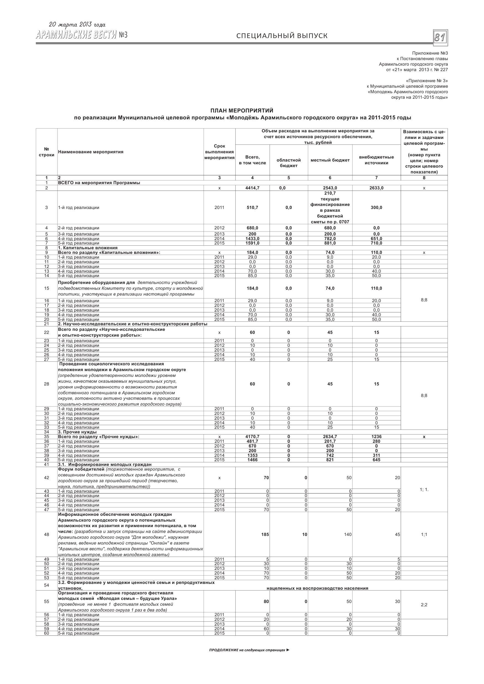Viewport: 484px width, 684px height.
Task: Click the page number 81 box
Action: [440, 37]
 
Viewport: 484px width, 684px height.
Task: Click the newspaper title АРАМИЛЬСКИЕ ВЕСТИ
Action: [76, 35]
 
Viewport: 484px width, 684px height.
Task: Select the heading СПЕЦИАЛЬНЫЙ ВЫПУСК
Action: [282, 36]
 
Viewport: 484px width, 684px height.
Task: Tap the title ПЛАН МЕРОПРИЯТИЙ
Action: [242, 111]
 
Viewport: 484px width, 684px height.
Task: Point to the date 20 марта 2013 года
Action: [77, 25]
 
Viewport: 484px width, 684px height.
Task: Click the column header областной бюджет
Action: [288, 163]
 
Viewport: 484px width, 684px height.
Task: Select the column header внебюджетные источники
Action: [376, 160]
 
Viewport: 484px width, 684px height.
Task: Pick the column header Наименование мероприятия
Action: [91, 152]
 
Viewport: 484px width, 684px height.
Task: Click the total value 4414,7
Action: [252, 188]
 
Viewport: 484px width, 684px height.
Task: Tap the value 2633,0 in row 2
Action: [376, 188]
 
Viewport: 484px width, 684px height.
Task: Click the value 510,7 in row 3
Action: [252, 207]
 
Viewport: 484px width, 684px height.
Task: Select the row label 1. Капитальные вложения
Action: [88, 248]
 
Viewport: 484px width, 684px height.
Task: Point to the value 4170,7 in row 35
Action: [252, 437]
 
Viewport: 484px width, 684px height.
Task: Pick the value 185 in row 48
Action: [265, 535]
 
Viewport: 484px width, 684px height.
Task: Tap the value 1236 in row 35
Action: [376, 437]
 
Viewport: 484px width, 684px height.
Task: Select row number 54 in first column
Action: [47, 585]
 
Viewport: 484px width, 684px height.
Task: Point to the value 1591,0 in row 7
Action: [252, 243]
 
